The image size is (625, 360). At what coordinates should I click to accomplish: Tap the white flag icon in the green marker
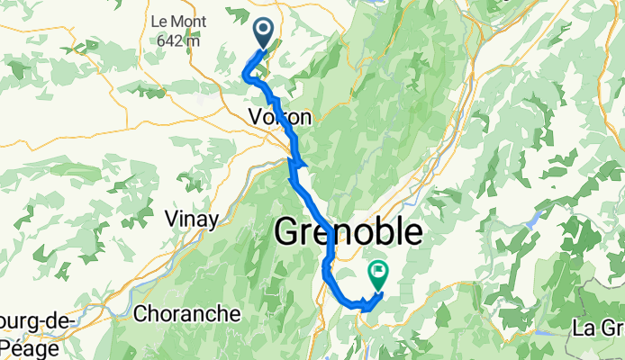[x=378, y=269]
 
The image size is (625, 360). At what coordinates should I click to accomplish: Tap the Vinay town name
[x=190, y=218]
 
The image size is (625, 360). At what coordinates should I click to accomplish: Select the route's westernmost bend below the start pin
[x=247, y=77]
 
